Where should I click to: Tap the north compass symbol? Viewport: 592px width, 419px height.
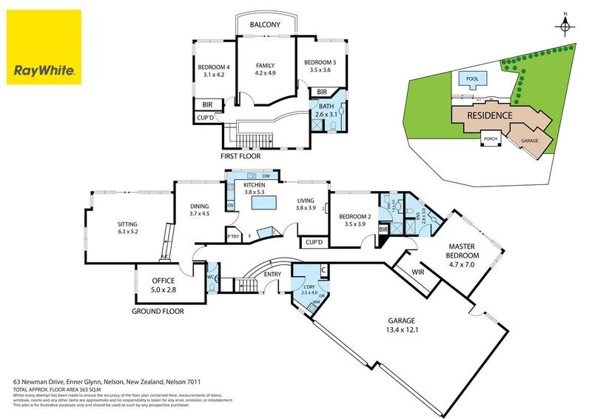click(565, 27)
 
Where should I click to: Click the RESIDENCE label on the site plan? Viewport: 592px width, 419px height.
click(488, 115)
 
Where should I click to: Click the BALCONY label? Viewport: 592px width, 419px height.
click(265, 25)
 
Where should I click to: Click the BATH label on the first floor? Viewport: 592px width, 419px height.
click(327, 107)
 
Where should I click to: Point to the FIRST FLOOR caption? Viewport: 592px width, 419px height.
click(240, 156)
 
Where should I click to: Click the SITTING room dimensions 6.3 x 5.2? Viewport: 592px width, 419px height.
click(128, 232)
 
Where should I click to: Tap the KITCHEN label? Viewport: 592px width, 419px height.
click(254, 184)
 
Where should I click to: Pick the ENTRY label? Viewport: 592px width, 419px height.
click(272, 276)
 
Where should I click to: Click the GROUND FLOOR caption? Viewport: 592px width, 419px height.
click(158, 312)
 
